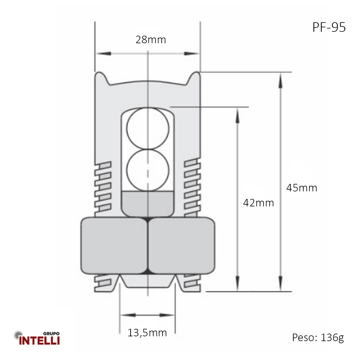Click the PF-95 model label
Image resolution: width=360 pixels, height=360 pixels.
click(329, 27)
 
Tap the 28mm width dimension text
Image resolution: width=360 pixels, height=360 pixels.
click(151, 40)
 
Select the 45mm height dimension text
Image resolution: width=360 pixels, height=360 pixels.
click(301, 188)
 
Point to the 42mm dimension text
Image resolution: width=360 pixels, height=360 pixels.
click(258, 203)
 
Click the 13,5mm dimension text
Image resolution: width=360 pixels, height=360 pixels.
click(147, 332)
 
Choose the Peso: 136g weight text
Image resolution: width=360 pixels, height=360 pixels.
click(318, 337)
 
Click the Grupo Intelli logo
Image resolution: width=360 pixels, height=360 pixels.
click(37, 338)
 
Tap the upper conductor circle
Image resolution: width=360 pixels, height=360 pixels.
click(148, 128)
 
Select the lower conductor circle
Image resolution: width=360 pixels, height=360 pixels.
click(148, 170)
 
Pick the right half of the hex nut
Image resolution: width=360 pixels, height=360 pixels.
click(181, 245)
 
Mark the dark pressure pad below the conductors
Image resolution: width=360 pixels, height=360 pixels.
click(148, 203)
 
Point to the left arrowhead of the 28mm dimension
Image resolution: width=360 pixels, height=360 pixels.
click(103, 53)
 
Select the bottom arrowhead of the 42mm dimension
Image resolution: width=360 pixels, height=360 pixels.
click(237, 283)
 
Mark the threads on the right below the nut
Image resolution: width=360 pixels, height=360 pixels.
click(192, 283)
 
